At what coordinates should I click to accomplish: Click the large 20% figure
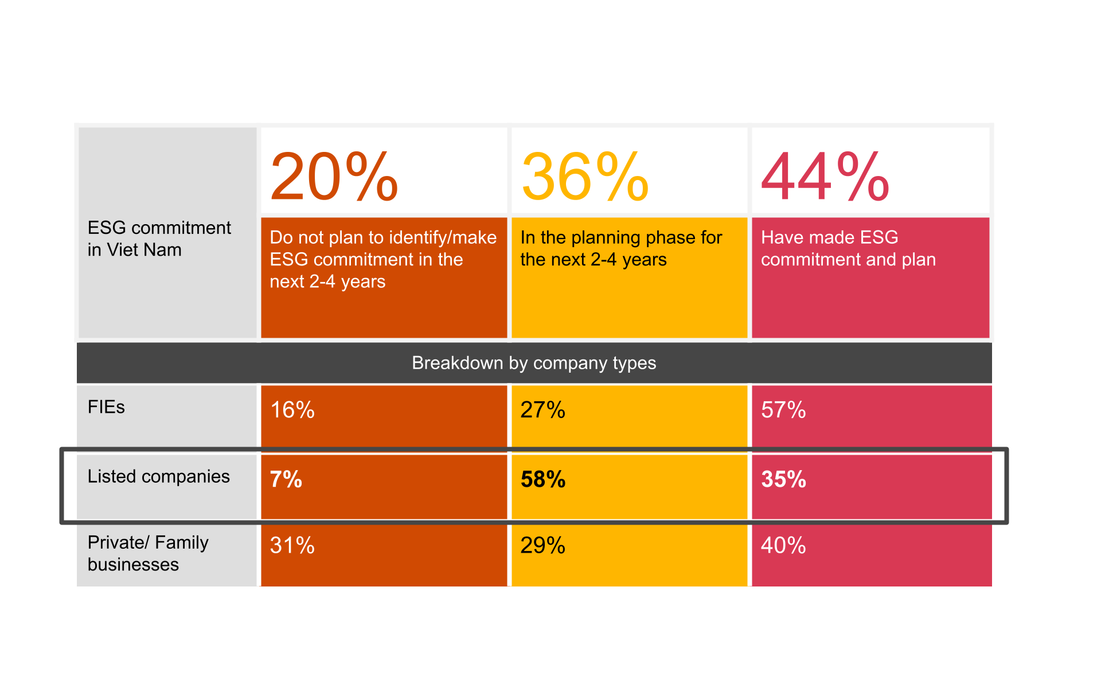[x=334, y=177]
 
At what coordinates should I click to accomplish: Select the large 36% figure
[x=585, y=177]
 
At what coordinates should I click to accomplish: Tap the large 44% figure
[x=825, y=177]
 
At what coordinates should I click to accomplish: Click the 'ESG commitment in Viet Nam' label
[x=159, y=238]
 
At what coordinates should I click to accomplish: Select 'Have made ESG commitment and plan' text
[x=848, y=248]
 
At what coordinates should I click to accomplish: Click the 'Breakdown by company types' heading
[x=534, y=363]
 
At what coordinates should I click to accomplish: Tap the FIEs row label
[x=106, y=407]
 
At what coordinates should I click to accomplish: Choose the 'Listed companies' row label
[x=158, y=476]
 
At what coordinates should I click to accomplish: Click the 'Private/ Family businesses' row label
[x=147, y=553]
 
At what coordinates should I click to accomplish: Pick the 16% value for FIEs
[x=292, y=410]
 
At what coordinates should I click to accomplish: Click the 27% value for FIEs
[x=542, y=410]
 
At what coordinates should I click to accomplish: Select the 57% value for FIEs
[x=783, y=410]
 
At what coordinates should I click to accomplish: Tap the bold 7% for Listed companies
[x=286, y=479]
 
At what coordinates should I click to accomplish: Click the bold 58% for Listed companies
[x=542, y=479]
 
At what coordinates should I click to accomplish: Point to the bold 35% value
[x=783, y=479]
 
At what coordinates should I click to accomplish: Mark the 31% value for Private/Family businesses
[x=292, y=545]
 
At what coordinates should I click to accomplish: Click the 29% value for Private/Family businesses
[x=542, y=545]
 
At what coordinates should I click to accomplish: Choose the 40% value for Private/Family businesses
[x=783, y=545]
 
